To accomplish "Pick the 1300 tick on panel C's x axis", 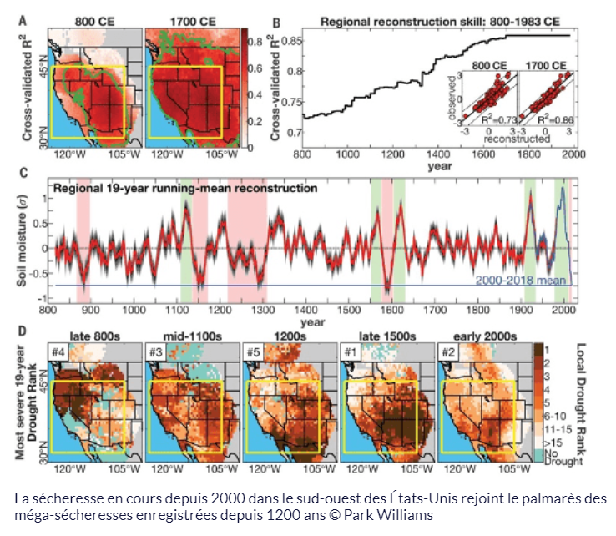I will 260,311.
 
